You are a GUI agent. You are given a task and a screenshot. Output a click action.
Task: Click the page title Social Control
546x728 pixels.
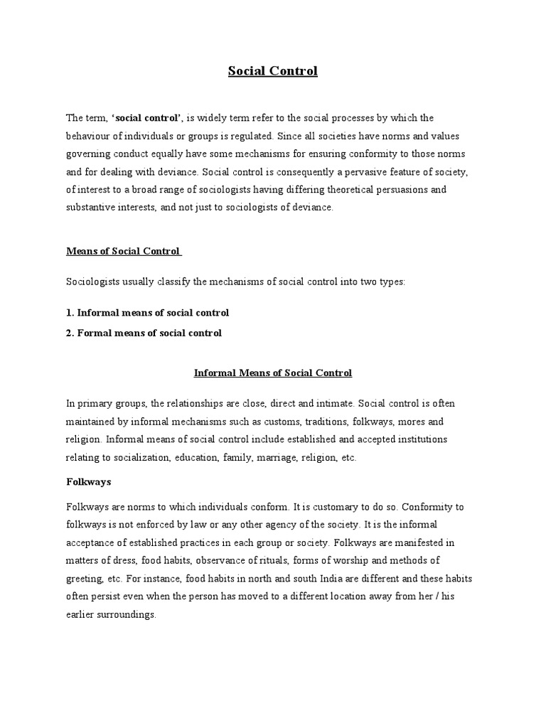click(x=272, y=71)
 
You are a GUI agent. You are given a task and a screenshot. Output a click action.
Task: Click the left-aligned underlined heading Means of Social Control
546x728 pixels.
click(x=124, y=251)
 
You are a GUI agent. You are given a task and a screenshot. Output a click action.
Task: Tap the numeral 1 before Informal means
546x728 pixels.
click(x=69, y=313)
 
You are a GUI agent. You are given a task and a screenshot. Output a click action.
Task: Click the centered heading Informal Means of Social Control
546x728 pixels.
click(x=273, y=373)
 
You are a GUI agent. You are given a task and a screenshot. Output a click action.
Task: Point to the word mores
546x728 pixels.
click(x=414, y=422)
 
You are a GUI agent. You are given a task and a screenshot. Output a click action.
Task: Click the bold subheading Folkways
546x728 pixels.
click(x=88, y=482)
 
